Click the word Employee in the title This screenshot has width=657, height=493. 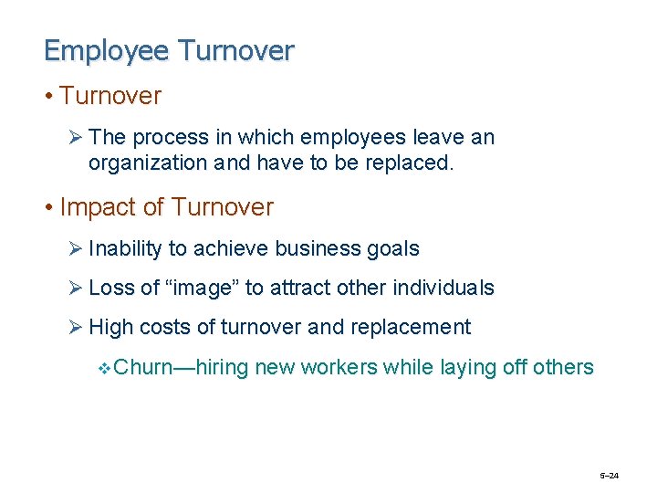click(107, 51)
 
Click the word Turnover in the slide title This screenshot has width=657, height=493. click(236, 51)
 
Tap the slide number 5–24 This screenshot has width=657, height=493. click(609, 476)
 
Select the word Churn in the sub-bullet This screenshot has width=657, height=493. click(145, 367)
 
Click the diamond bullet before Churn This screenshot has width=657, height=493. click(103, 368)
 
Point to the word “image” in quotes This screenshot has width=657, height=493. click(203, 288)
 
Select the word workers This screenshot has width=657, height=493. click(339, 367)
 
